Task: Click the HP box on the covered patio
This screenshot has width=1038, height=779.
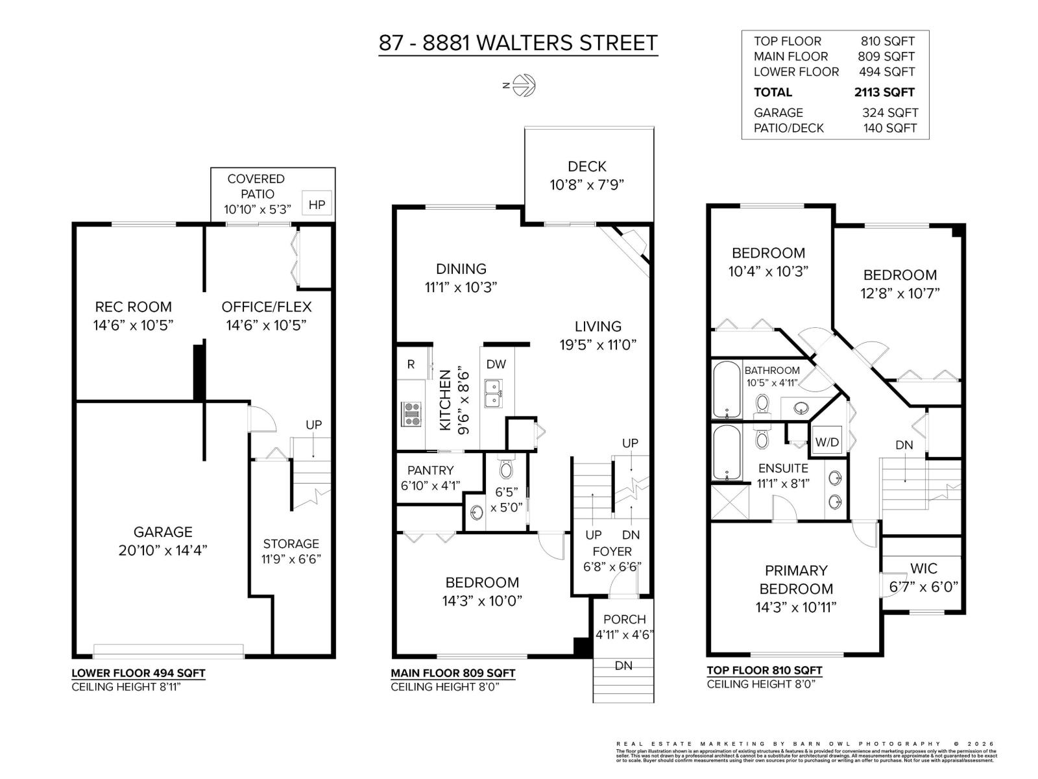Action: (x=317, y=204)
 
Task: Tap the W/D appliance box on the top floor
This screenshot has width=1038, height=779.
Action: (x=827, y=443)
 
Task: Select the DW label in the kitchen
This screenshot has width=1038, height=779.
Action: (x=496, y=365)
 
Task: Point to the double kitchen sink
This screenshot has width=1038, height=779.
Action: (x=492, y=393)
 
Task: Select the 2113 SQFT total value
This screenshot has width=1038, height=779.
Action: (x=884, y=92)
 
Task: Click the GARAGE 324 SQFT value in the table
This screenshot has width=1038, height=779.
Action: (x=889, y=113)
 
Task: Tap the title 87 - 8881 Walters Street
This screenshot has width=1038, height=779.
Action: (x=518, y=43)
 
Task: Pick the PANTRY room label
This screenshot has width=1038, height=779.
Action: (x=430, y=470)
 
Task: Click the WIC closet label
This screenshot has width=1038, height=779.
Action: (x=923, y=569)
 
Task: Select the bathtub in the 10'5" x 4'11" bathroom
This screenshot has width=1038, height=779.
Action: (x=726, y=389)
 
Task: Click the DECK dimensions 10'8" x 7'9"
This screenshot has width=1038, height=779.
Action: (x=586, y=185)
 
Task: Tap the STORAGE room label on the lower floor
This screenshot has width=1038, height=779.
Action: (x=291, y=544)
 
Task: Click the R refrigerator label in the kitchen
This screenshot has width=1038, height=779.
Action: (x=411, y=365)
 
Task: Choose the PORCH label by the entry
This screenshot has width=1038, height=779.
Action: (x=624, y=619)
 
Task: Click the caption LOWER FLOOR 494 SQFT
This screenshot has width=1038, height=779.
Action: (x=138, y=673)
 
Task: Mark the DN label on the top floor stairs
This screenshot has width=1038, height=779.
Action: (x=904, y=445)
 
